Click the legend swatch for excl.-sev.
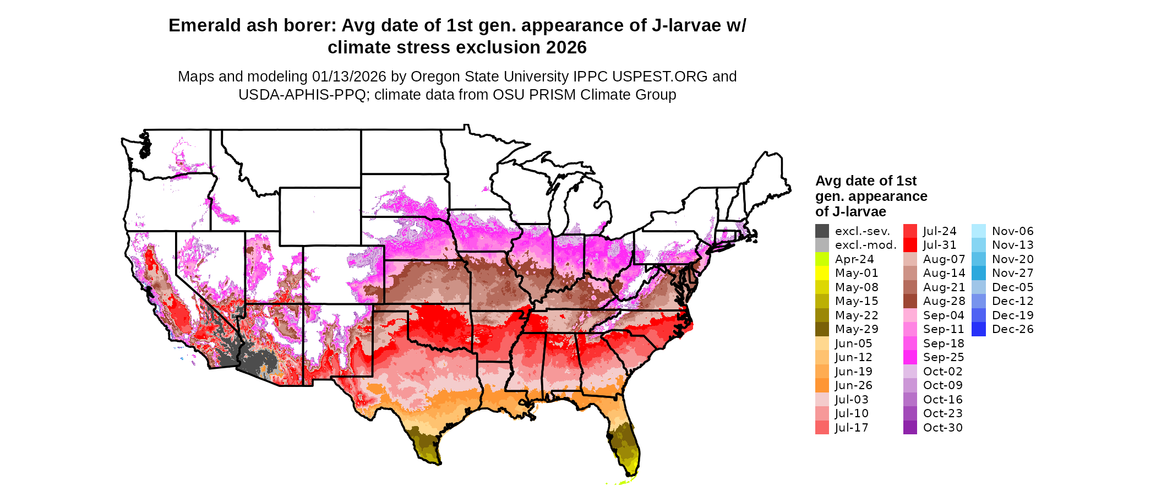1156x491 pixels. (x=822, y=231)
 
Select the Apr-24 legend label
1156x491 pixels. (x=854, y=259)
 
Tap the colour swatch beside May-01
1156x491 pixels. (x=822, y=273)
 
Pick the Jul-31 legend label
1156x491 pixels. (x=940, y=245)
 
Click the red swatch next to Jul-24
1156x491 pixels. (x=910, y=231)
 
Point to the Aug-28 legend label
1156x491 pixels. (x=944, y=301)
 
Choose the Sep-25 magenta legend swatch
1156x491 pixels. (x=910, y=357)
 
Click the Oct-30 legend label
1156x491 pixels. (x=942, y=428)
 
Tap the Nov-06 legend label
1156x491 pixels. (x=1012, y=231)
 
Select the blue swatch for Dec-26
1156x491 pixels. (x=979, y=329)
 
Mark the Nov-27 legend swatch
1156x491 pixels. (x=979, y=273)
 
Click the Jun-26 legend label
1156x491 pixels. (x=853, y=385)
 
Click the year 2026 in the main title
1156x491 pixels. (x=566, y=48)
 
